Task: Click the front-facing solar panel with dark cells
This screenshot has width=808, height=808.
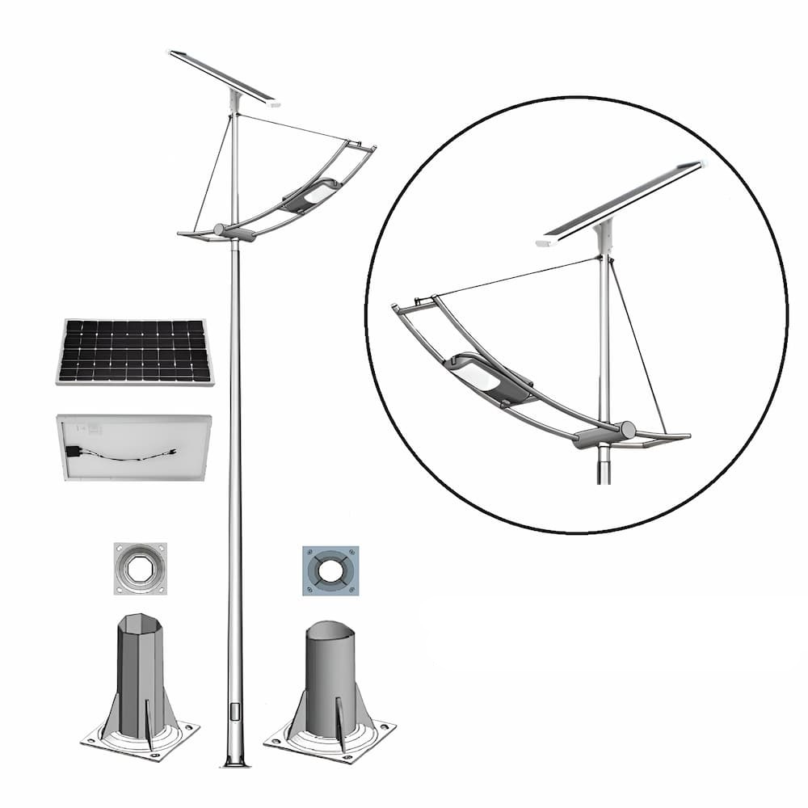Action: tap(135, 351)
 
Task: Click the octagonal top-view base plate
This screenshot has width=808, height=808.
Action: tap(140, 568)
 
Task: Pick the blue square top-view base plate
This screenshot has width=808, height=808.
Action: tap(330, 570)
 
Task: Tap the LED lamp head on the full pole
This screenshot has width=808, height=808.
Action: tap(310, 195)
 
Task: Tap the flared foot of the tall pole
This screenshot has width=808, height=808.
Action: tap(235, 760)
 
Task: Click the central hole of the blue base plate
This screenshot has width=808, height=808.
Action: tap(330, 570)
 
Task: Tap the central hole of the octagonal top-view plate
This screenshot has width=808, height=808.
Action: tap(140, 568)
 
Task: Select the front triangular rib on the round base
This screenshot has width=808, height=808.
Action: tap(340, 723)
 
